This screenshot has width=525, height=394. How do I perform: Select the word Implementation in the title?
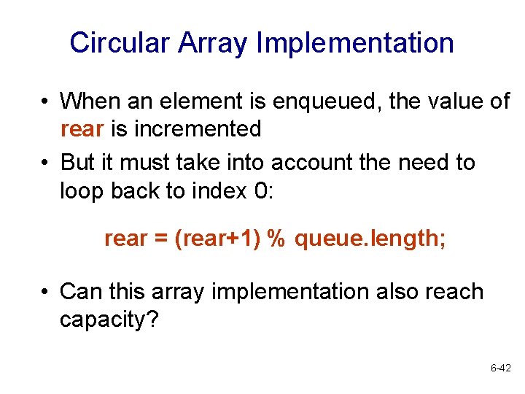click(355, 43)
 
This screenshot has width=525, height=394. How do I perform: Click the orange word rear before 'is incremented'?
click(82, 129)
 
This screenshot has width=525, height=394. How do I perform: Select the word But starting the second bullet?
click(78, 162)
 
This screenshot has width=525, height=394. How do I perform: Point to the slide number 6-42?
click(500, 369)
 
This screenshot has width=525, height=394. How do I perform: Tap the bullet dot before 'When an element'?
click(45, 102)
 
